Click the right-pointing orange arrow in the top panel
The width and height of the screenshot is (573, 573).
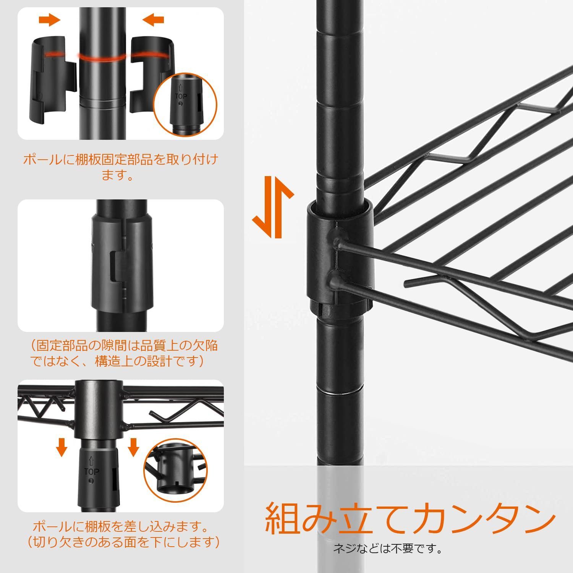[50, 20]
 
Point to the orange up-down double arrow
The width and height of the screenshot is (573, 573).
[273, 207]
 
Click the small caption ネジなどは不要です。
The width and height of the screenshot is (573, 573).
[388, 550]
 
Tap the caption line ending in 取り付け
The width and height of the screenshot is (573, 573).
[121, 160]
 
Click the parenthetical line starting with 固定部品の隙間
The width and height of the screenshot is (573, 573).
[124, 346]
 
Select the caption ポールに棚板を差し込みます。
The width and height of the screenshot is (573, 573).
[121, 527]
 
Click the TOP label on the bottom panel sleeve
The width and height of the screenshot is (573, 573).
[91, 472]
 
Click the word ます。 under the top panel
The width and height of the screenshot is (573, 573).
[117, 176]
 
